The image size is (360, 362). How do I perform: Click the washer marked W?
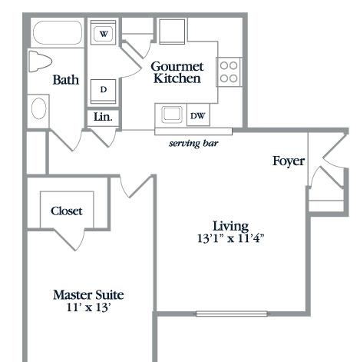[x=104, y=32]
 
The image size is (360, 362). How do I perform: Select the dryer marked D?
[x=104, y=91]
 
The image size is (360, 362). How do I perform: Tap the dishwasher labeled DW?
[x=198, y=115]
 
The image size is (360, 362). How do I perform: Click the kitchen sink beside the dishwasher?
[x=172, y=114]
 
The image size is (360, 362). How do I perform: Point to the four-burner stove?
[x=229, y=72]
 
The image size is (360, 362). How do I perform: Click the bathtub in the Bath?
[x=58, y=32]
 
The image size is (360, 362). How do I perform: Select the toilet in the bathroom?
[x=40, y=61]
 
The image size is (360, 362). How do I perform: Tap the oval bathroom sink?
[x=38, y=108]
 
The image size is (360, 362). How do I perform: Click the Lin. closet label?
[x=103, y=117]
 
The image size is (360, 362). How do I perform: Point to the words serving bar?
[x=193, y=143]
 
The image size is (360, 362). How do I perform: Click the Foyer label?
[x=289, y=161]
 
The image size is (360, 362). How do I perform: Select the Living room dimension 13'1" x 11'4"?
[x=230, y=238]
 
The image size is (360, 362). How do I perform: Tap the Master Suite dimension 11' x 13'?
[x=88, y=307]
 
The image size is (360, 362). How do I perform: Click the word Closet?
[x=67, y=211]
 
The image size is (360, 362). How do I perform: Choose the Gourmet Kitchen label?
[x=177, y=72]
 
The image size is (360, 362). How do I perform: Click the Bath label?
[x=66, y=80]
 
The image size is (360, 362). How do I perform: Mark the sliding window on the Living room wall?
[x=232, y=314]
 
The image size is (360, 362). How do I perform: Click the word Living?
[x=230, y=227]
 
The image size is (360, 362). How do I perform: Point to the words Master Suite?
[x=88, y=295]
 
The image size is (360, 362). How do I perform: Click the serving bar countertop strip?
[x=193, y=131]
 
